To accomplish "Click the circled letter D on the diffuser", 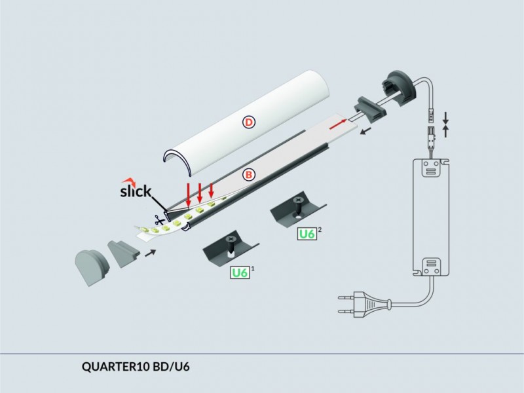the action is (x=248, y=122).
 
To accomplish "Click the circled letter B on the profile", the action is (x=249, y=175).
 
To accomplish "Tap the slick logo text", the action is (x=136, y=191).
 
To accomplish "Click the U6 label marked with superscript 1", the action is (x=240, y=272).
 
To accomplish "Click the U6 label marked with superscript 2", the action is (x=307, y=234).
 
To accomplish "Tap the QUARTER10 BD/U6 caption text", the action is (x=136, y=367).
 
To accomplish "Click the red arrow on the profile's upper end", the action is (x=337, y=125).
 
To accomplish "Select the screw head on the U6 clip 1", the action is (x=231, y=239).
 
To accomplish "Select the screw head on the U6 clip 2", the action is (x=297, y=201).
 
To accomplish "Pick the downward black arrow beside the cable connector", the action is (x=445, y=119).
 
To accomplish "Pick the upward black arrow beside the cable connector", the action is (x=445, y=132).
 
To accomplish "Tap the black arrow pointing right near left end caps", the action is (x=150, y=253).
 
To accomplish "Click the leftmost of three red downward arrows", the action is (x=189, y=195).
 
